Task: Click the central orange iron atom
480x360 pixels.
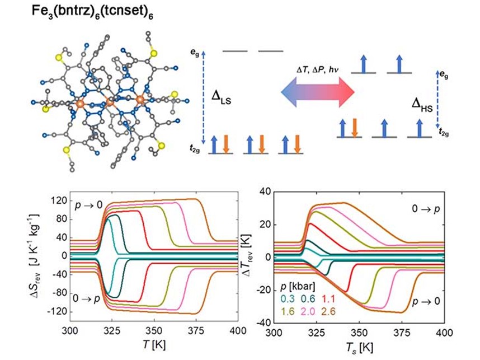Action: point(110,103)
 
